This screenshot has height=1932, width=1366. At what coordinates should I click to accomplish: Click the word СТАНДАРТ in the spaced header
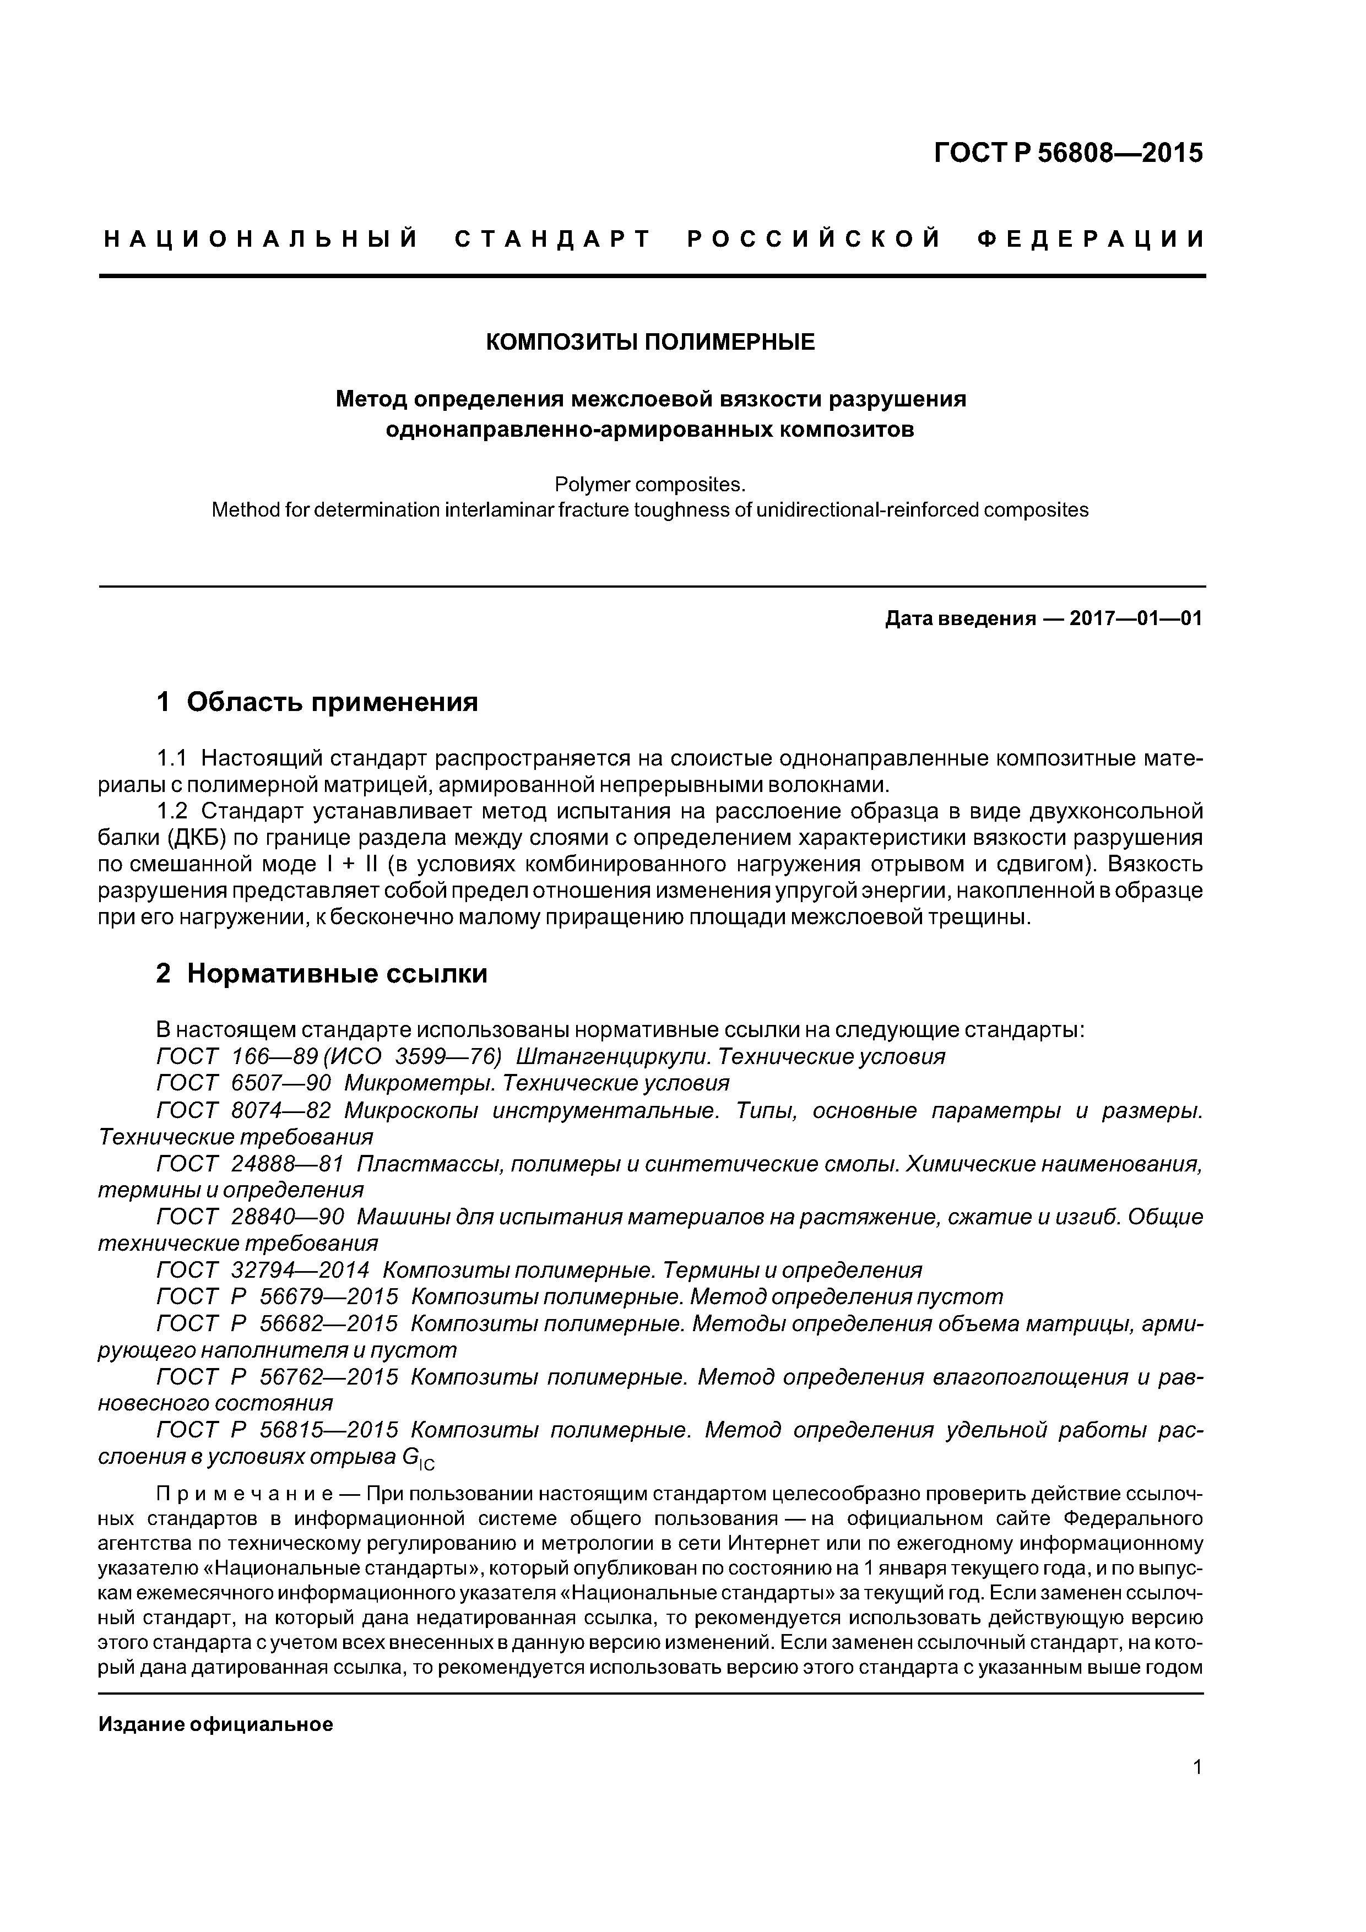[553, 240]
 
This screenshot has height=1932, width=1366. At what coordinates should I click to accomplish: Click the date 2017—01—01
[1135, 620]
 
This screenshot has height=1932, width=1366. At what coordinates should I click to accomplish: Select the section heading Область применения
[332, 702]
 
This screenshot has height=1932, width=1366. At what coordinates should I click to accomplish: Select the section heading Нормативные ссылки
[337, 974]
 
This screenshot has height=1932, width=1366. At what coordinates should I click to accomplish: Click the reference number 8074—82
[280, 1111]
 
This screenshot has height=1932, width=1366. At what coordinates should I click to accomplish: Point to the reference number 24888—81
[287, 1165]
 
